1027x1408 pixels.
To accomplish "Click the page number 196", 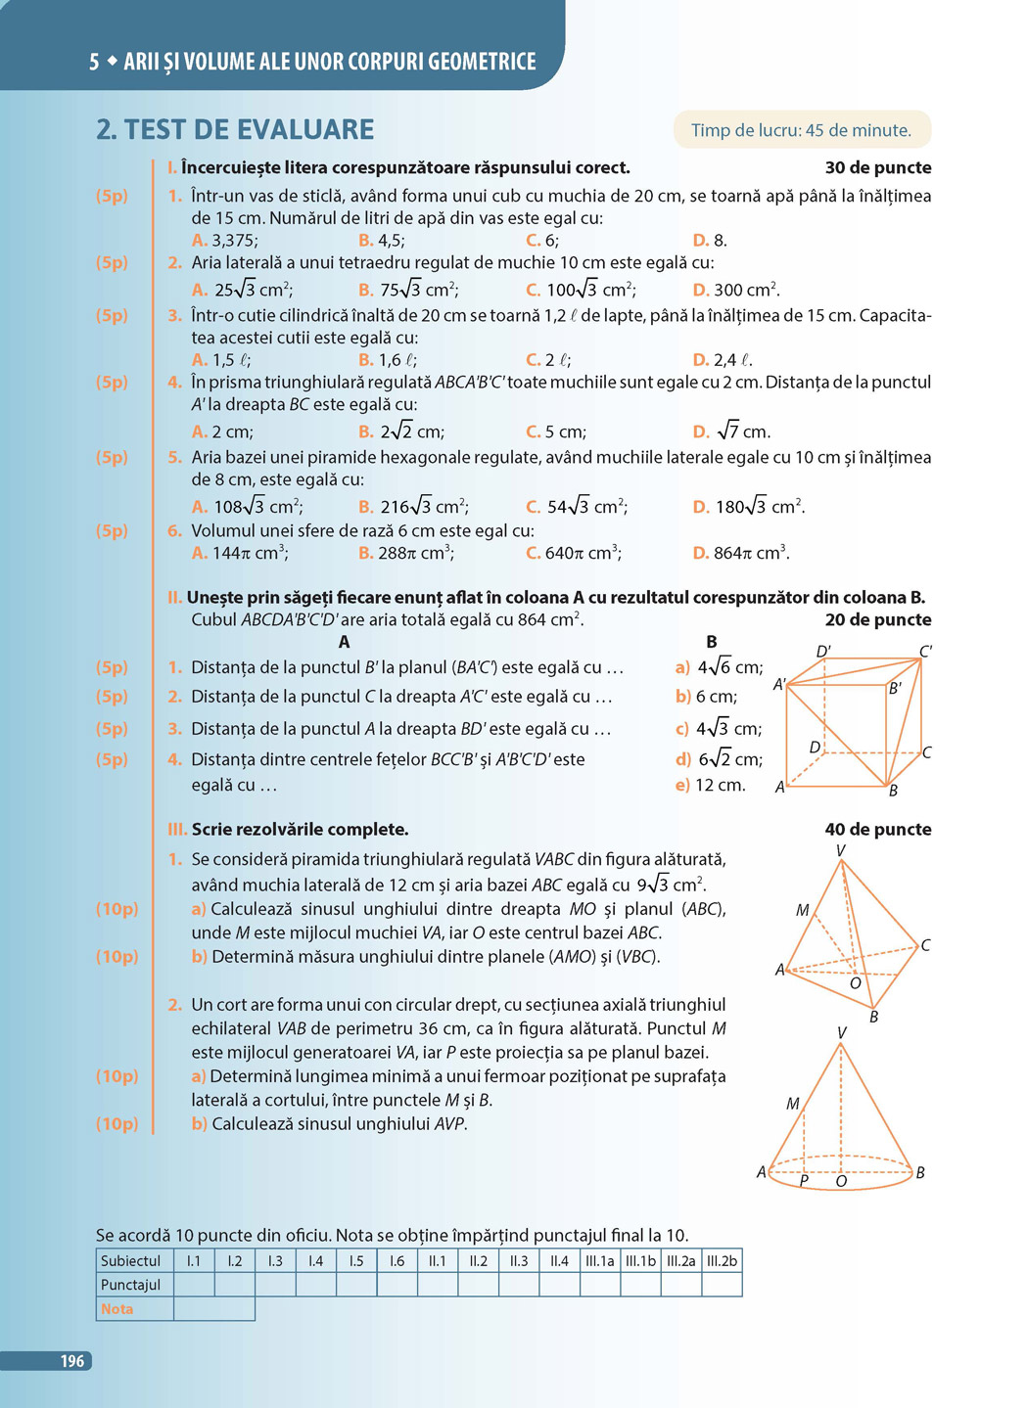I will [x=72, y=1361].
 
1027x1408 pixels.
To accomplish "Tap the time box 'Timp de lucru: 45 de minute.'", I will [x=801, y=130].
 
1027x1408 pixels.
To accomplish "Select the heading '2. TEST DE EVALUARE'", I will [x=235, y=129].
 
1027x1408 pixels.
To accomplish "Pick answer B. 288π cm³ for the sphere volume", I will [x=405, y=553].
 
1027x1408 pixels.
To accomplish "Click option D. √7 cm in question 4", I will [x=731, y=431].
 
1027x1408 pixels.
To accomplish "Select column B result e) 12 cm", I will [x=711, y=785].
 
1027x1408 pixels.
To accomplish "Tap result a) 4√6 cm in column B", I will [x=719, y=668].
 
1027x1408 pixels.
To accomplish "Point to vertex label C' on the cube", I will [x=925, y=651].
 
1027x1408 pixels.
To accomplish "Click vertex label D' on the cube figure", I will [x=823, y=652].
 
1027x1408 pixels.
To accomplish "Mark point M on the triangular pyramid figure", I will [x=802, y=910].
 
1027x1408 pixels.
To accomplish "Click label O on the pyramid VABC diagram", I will [x=855, y=983].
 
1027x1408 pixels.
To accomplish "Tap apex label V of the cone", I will [x=842, y=1032].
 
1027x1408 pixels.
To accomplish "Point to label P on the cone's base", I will [x=804, y=1181].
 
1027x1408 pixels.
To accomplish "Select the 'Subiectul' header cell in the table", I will [x=131, y=1260].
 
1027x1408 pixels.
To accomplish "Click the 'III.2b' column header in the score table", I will [x=722, y=1260].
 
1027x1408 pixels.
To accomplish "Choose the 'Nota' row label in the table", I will [x=117, y=1308].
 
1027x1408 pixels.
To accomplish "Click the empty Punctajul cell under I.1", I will [x=194, y=1285].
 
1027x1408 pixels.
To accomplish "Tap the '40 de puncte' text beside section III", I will [x=878, y=830].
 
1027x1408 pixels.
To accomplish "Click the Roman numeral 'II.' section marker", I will [x=175, y=598].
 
